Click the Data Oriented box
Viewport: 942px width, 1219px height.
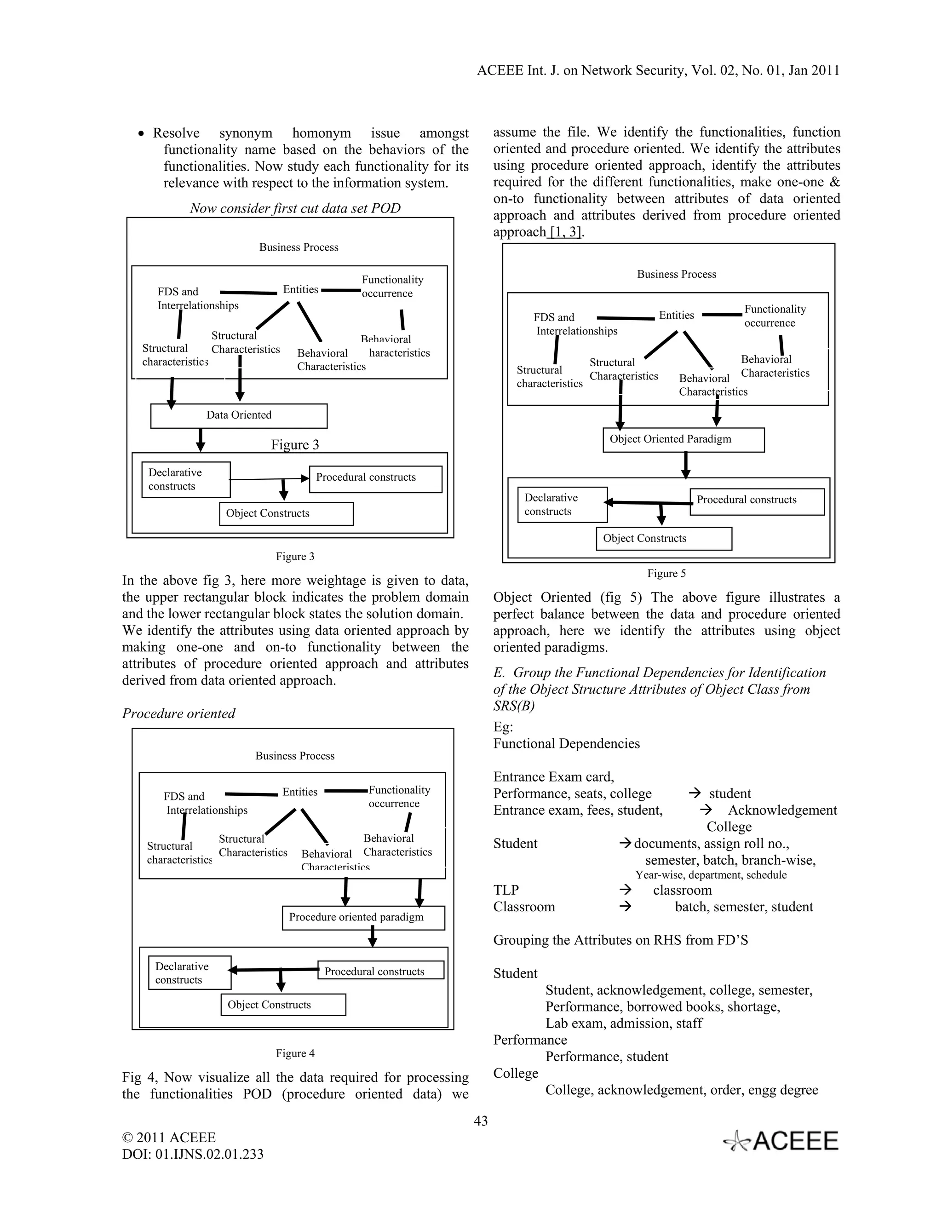pyautogui.click(x=238, y=416)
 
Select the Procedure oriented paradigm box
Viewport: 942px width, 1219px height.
pyautogui.click(x=363, y=918)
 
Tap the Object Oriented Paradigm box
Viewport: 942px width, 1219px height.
pyautogui.click(x=683, y=440)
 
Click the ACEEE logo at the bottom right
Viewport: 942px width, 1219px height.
pyautogui.click(x=781, y=1141)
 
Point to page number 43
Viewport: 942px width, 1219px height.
pyautogui.click(x=481, y=1121)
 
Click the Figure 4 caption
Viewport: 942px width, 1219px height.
pyautogui.click(x=295, y=1053)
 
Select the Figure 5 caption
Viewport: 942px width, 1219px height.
pyautogui.click(x=666, y=573)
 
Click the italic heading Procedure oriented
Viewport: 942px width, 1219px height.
pyautogui.click(x=178, y=713)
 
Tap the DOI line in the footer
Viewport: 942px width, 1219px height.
pyautogui.click(x=193, y=1154)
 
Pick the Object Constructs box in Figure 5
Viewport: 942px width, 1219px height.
pyautogui.click(x=664, y=539)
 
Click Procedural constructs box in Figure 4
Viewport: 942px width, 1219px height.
pyautogui.click(x=380, y=971)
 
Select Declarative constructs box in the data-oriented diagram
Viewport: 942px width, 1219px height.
pyautogui.click(x=185, y=479)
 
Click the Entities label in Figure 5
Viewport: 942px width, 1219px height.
pyautogui.click(x=676, y=316)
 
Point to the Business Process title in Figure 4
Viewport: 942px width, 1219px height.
pyautogui.click(x=295, y=756)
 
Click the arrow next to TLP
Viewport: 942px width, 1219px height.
pyautogui.click(x=625, y=890)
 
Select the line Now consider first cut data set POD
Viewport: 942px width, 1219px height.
pyautogui.click(x=295, y=208)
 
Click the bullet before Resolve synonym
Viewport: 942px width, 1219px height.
pyautogui.click(x=142, y=134)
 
